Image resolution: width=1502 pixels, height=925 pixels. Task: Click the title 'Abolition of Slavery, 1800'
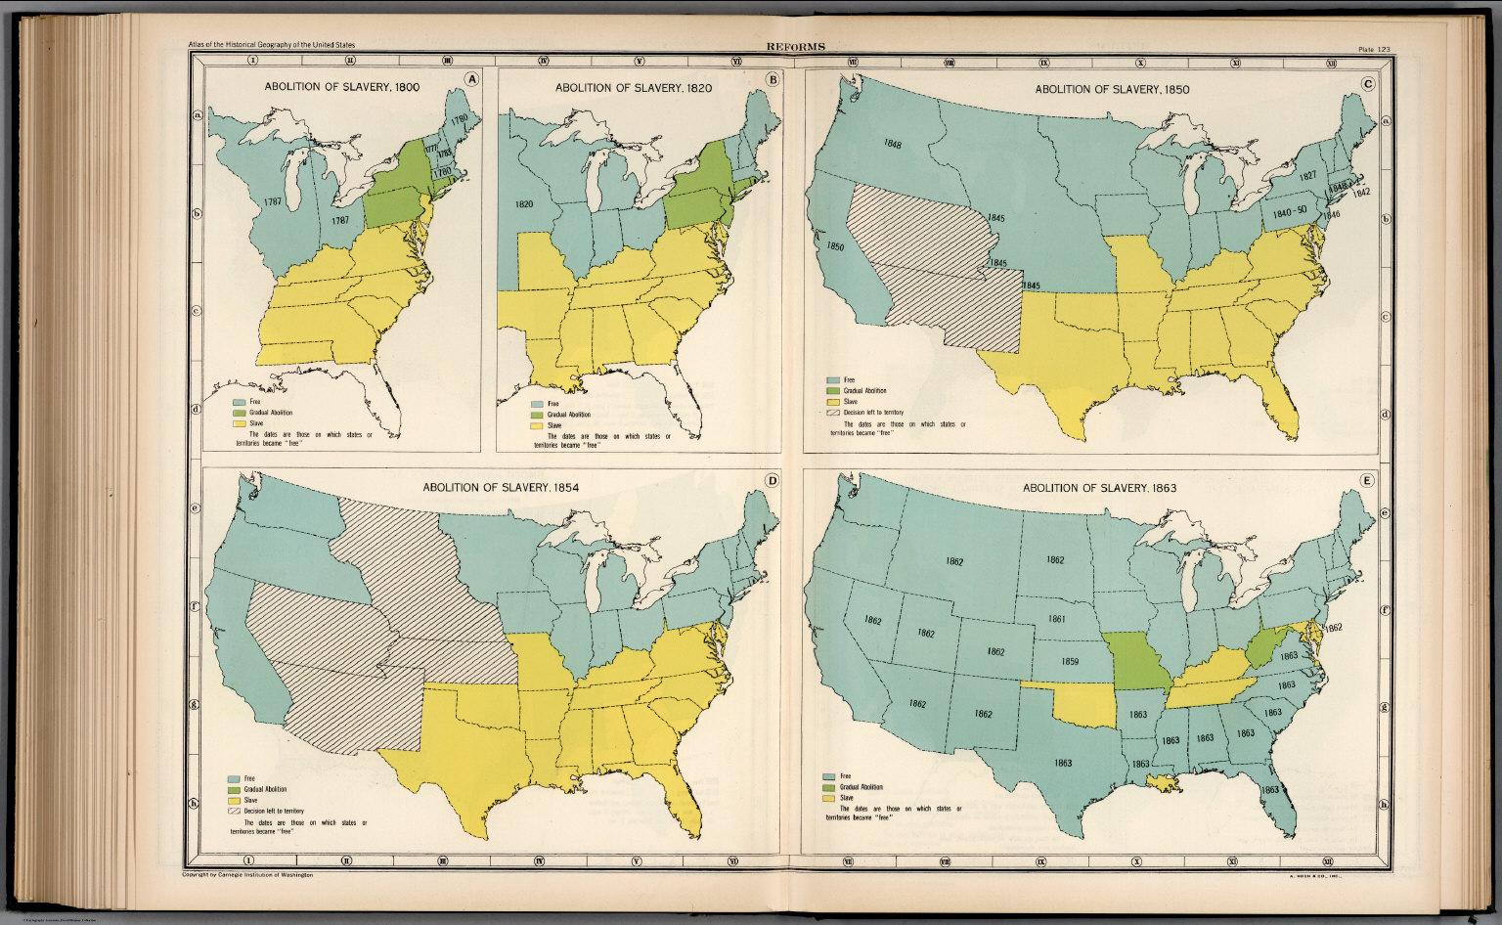pyautogui.click(x=341, y=87)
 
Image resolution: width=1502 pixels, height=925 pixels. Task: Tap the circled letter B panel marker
pyautogui.click(x=773, y=80)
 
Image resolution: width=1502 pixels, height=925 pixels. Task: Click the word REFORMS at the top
pyautogui.click(x=795, y=46)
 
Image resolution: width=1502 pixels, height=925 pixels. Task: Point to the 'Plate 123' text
pyautogui.click(x=1375, y=49)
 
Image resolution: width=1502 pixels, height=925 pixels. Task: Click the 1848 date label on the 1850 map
pyautogui.click(x=892, y=144)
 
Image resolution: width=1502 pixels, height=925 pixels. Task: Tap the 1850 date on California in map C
pyautogui.click(x=836, y=247)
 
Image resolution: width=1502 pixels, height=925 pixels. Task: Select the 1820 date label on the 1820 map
pyautogui.click(x=523, y=204)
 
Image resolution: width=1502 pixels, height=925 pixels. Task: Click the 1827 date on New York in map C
pyautogui.click(x=1306, y=176)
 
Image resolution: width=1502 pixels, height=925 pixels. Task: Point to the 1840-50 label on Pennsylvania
pyautogui.click(x=1289, y=210)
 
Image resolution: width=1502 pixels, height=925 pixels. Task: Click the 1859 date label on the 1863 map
pyautogui.click(x=1070, y=662)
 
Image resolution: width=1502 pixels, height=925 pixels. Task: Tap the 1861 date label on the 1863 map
pyautogui.click(x=1056, y=619)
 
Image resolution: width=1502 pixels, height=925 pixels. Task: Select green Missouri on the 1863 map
pyautogui.click(x=1138, y=662)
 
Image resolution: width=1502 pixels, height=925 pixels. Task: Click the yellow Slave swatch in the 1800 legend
pyautogui.click(x=239, y=424)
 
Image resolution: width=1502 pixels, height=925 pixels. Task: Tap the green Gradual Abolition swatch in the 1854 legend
pyautogui.click(x=234, y=789)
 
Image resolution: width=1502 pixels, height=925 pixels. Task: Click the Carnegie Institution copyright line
pyautogui.click(x=247, y=875)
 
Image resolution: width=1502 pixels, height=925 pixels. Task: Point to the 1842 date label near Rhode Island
pyautogui.click(x=1361, y=192)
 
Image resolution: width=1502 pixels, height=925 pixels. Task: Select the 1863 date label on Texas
pyautogui.click(x=1063, y=763)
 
